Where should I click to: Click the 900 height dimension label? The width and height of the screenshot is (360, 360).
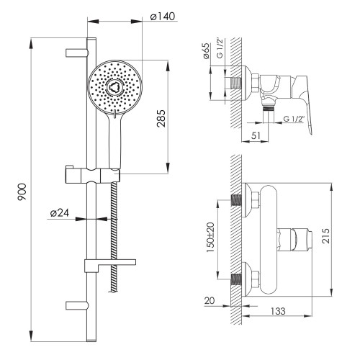coord(22,192)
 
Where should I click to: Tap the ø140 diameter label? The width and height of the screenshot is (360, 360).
coord(163,17)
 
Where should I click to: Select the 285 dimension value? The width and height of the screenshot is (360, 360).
coord(161,118)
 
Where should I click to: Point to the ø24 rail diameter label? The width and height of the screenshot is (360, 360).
coord(60,213)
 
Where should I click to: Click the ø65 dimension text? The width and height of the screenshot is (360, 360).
coord(206,51)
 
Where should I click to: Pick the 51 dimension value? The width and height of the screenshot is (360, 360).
coord(256,135)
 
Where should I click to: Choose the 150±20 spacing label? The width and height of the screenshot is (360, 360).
coord(210,237)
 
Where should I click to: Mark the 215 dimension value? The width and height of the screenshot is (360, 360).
coord(325,236)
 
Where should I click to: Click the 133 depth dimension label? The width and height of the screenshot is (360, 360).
coord(278,311)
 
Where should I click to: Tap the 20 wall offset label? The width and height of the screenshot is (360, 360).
coord(210,300)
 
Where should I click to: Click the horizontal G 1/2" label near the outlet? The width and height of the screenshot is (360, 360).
coord(294,119)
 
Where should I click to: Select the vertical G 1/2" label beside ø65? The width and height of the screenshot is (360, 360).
coord(220,48)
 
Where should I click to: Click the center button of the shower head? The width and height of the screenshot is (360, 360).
coord(114,86)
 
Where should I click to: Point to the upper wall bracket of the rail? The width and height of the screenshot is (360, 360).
coord(77,53)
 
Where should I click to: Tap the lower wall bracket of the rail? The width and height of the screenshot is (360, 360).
coord(77,305)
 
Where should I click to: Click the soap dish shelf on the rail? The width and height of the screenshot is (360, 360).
coord(110,265)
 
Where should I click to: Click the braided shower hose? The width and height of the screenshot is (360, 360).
coord(114,237)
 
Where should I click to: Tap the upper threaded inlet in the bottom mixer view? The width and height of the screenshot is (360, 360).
coord(236,200)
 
